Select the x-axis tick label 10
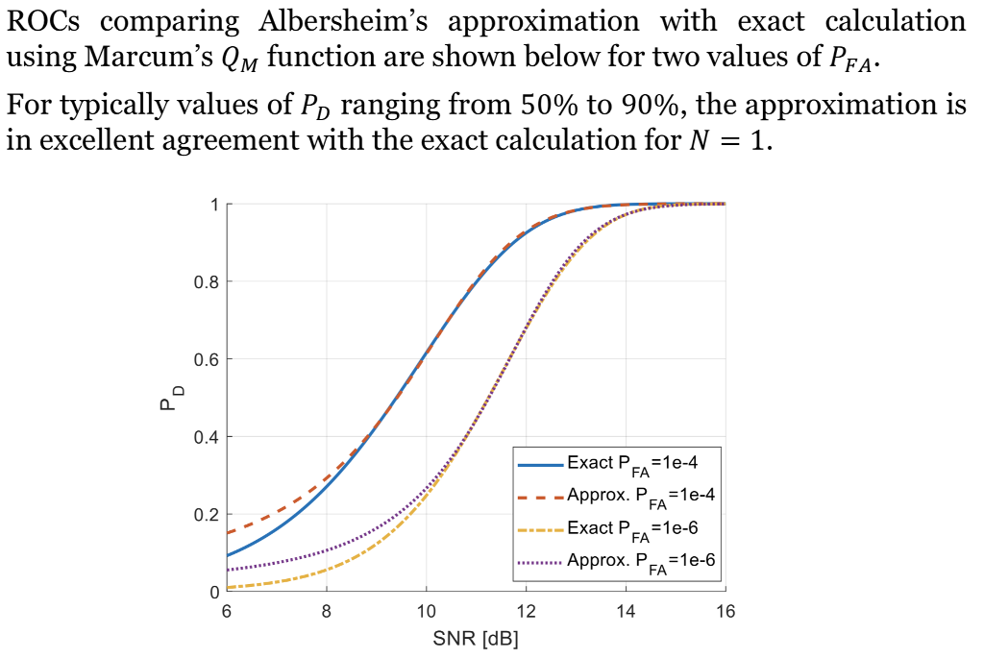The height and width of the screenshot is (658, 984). click(x=426, y=613)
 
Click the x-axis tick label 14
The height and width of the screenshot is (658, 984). click(x=626, y=613)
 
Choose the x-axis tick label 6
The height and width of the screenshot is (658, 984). click(x=226, y=613)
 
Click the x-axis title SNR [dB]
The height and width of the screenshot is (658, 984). click(x=476, y=640)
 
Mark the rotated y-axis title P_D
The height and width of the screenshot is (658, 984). click(x=168, y=398)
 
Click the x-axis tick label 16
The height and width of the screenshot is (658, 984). click(x=726, y=613)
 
